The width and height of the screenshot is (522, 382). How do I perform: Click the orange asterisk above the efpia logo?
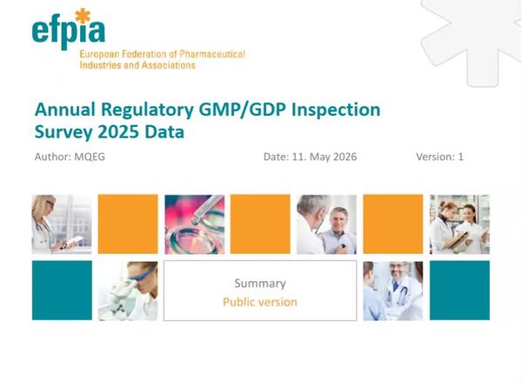tap(83, 16)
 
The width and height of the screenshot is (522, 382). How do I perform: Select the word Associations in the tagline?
tap(168, 65)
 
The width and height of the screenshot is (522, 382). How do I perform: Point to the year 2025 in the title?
tap(118, 131)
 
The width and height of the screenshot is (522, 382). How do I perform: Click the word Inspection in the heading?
tap(336, 110)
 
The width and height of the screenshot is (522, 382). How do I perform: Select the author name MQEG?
tap(90, 157)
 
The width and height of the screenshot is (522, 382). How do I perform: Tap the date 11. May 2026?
tap(325, 157)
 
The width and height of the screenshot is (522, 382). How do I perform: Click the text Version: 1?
tap(439, 157)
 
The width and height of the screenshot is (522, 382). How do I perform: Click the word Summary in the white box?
tap(260, 284)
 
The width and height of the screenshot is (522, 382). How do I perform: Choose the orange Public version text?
tap(260, 302)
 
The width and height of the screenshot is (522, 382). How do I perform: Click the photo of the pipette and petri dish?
tap(194, 225)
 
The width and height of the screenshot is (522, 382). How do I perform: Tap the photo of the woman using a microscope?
tap(128, 291)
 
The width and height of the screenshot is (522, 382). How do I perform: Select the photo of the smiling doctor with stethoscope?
tap(393, 291)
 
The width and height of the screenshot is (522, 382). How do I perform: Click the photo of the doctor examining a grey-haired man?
tap(326, 225)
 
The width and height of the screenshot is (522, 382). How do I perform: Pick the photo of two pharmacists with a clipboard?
tap(459, 225)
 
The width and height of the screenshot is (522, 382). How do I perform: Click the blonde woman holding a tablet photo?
tap(62, 225)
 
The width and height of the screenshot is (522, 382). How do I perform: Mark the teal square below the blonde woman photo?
tap(62, 291)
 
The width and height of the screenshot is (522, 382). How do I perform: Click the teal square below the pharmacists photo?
tap(459, 291)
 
